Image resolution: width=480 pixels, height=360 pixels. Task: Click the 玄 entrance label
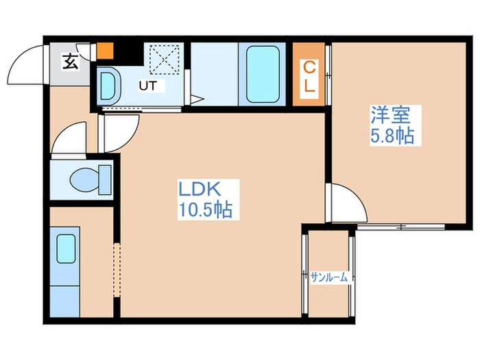coord(70,62)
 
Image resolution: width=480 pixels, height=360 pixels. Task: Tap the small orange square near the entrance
coord(106,51)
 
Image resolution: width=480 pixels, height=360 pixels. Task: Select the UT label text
coord(148,86)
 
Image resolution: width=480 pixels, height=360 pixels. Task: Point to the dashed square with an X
coord(165,60)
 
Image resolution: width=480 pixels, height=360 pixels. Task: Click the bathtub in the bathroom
coord(263,74)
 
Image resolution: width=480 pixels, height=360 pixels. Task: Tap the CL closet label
coord(309,76)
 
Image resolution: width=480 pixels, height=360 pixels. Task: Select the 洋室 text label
coord(390,115)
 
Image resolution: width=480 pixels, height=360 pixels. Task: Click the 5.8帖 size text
coord(392,135)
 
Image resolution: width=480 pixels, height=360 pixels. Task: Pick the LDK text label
coord(200,189)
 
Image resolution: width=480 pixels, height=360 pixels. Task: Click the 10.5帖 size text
coord(205,210)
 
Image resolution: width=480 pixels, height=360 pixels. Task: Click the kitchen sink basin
coord(66,248)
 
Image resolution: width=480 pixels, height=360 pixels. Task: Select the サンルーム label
coord(329,277)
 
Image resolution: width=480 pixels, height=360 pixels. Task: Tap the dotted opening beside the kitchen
coord(117,269)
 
